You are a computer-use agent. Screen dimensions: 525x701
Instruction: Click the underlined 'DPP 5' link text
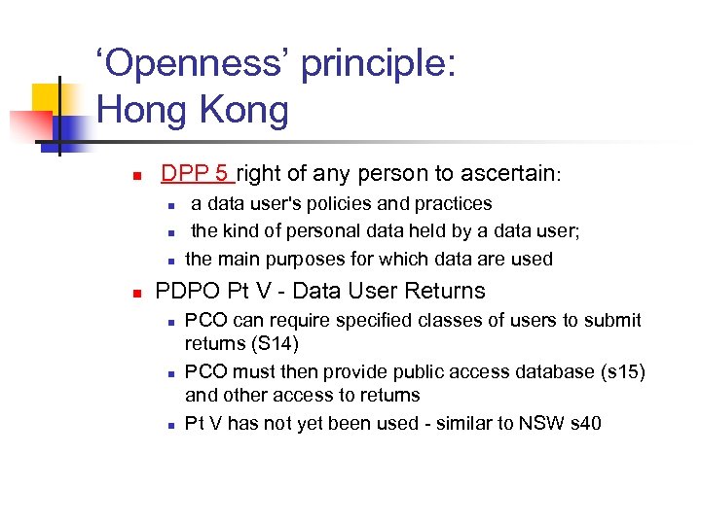pos(195,174)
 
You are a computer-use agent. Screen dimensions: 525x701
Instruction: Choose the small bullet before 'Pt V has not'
pos(169,425)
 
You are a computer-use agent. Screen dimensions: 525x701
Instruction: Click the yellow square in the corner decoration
pos(47,97)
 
